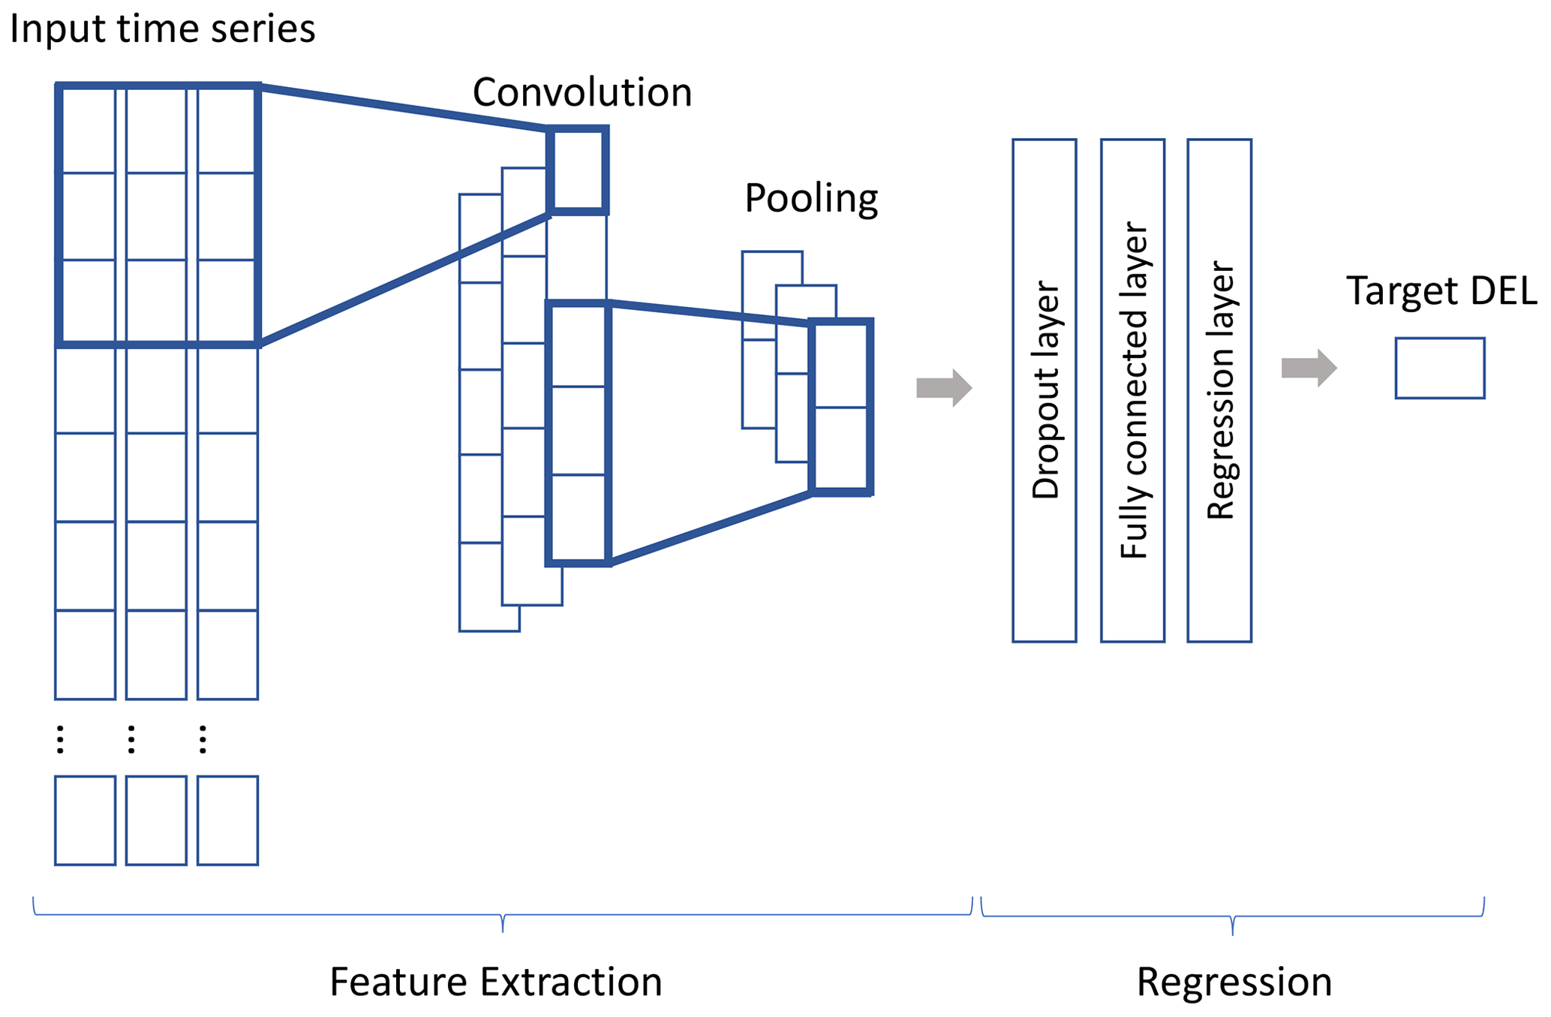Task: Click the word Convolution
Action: click(582, 93)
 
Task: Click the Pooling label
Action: click(810, 199)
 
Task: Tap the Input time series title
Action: click(162, 29)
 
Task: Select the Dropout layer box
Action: click(1044, 390)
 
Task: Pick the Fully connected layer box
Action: click(1132, 390)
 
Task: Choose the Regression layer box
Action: click(1219, 390)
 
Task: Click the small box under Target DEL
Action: click(1439, 368)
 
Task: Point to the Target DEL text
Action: click(1441, 290)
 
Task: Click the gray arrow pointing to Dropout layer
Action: click(944, 388)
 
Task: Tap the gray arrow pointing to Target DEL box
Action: click(1309, 368)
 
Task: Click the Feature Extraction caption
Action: click(495, 982)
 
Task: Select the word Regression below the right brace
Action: click(1234, 982)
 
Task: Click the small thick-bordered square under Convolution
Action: click(578, 170)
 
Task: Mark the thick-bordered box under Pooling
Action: click(841, 407)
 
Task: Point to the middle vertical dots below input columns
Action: click(131, 739)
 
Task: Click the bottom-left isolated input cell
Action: click(85, 820)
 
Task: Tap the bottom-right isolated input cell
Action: click(227, 820)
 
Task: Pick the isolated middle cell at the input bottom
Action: click(156, 820)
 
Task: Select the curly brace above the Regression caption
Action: click(1232, 917)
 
